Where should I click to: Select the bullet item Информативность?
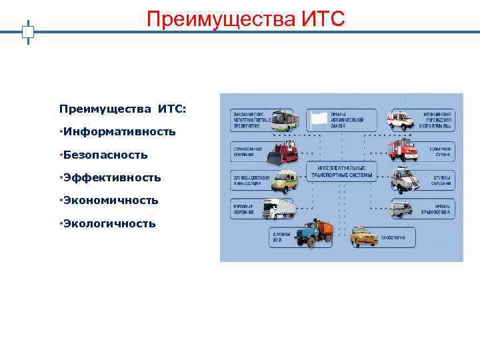tap(120, 132)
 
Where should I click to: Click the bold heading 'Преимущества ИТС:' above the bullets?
tap(123, 109)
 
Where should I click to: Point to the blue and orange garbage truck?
tap(314, 235)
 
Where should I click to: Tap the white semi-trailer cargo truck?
tap(279, 209)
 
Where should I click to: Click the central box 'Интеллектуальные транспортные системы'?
tap(341, 171)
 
